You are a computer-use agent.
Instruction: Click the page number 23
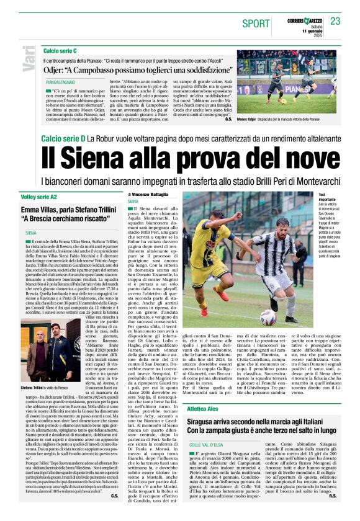coord(335,21)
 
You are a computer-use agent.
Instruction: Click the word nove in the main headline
coord(300,156)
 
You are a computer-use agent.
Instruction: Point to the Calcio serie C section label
coord(60,50)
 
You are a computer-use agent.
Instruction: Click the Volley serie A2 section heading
coord(38,196)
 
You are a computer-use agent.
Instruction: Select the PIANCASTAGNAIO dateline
coord(63,82)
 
